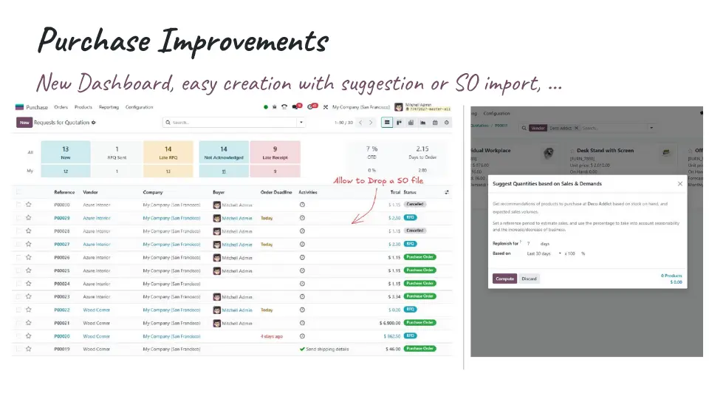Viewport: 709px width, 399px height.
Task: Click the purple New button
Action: click(24, 123)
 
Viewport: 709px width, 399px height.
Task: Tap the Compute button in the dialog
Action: click(504, 279)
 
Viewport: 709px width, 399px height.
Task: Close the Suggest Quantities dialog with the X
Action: click(680, 183)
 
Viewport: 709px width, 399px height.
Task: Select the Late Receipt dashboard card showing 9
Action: click(275, 152)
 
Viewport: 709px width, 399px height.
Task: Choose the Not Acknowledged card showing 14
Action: click(224, 152)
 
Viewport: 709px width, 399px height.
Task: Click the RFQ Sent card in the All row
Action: click(117, 152)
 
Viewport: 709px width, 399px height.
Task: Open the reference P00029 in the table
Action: click(62, 218)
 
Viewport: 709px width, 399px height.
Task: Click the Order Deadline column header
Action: click(276, 192)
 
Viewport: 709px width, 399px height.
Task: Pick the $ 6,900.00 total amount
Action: click(389, 323)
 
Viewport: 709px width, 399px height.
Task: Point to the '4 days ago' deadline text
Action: click(271, 336)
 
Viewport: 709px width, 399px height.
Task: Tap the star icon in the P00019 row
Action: click(29, 349)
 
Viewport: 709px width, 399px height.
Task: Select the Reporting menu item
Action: click(109, 107)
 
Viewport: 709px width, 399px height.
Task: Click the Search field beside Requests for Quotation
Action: click(233, 123)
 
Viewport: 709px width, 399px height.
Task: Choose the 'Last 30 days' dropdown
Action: click(544, 253)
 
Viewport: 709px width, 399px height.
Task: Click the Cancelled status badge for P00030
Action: click(416, 205)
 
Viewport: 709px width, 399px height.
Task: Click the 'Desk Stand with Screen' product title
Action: click(605, 150)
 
